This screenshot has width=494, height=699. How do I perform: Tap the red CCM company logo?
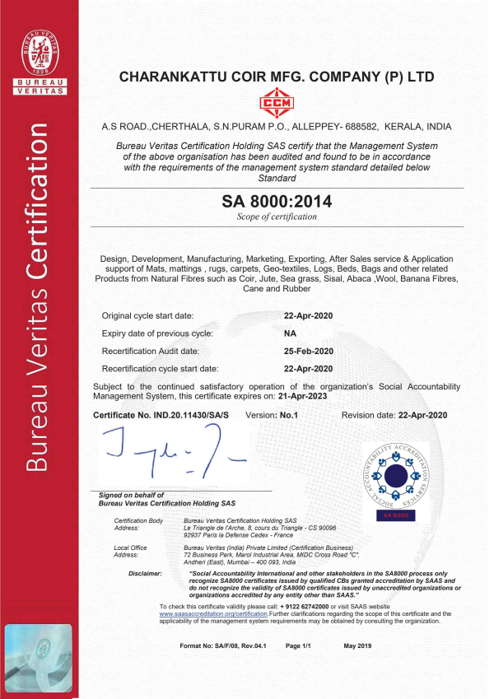[x=277, y=105]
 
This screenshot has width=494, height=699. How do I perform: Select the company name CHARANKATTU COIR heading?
[x=277, y=77]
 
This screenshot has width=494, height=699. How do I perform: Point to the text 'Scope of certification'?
[x=277, y=217]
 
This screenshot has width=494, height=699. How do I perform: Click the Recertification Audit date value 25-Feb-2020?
[x=308, y=351]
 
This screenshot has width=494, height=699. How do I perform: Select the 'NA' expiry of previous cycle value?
[x=290, y=333]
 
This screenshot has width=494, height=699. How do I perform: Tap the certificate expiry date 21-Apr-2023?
[x=301, y=395]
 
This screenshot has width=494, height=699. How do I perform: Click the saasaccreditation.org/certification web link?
[x=213, y=614]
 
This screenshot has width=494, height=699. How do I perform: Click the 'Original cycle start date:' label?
[x=148, y=316]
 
